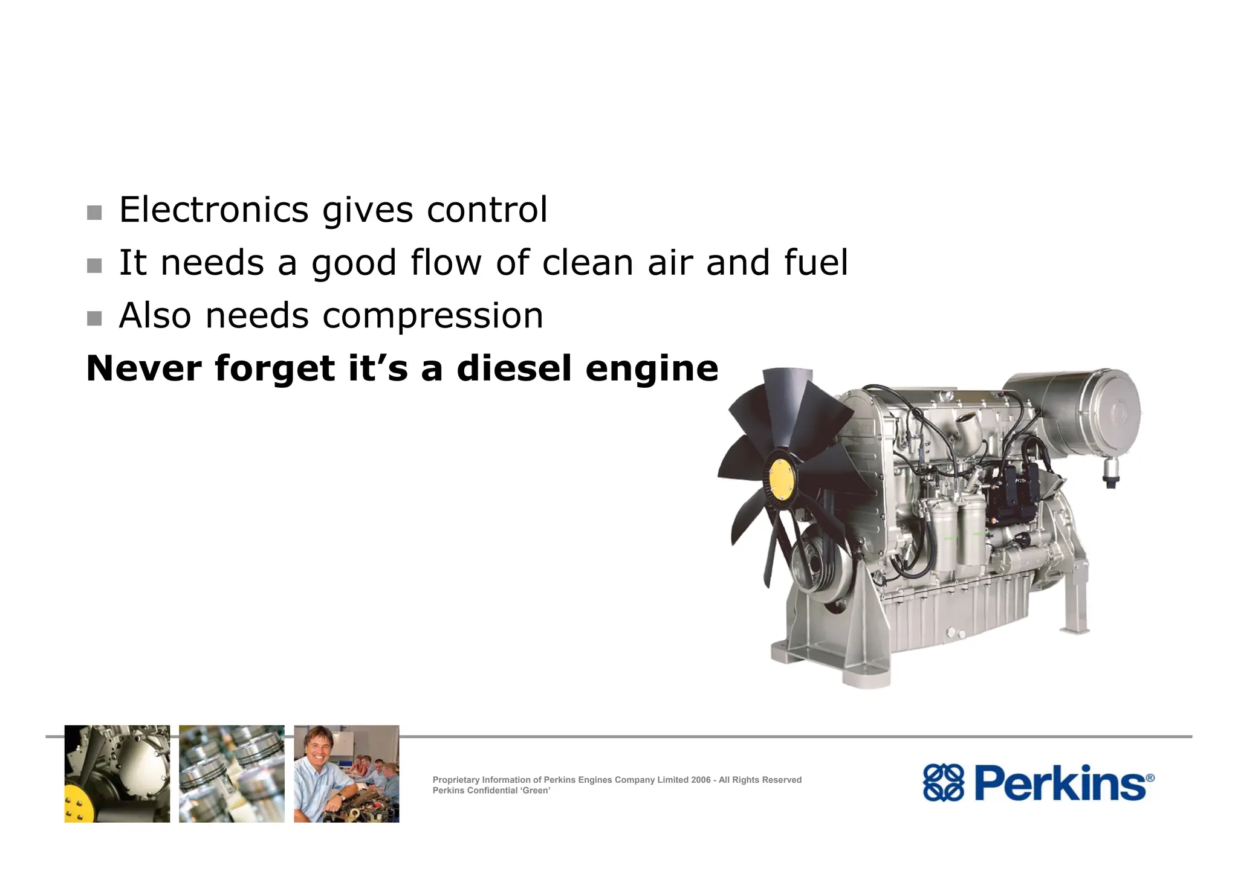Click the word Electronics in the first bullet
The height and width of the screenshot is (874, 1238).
(214, 210)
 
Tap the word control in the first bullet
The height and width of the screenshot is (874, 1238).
(487, 210)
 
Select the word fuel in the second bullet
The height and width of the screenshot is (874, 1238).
(816, 263)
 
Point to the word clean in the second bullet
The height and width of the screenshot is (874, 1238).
(588, 263)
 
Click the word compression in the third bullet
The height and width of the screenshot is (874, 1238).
(433, 316)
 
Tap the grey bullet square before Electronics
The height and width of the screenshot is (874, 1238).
(94, 213)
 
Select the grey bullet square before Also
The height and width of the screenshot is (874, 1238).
(94, 318)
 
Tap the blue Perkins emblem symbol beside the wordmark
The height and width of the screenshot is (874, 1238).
(943, 783)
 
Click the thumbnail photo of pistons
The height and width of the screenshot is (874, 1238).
(232, 774)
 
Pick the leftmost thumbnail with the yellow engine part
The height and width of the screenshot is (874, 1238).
(117, 774)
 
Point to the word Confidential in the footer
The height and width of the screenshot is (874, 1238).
(488, 791)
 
